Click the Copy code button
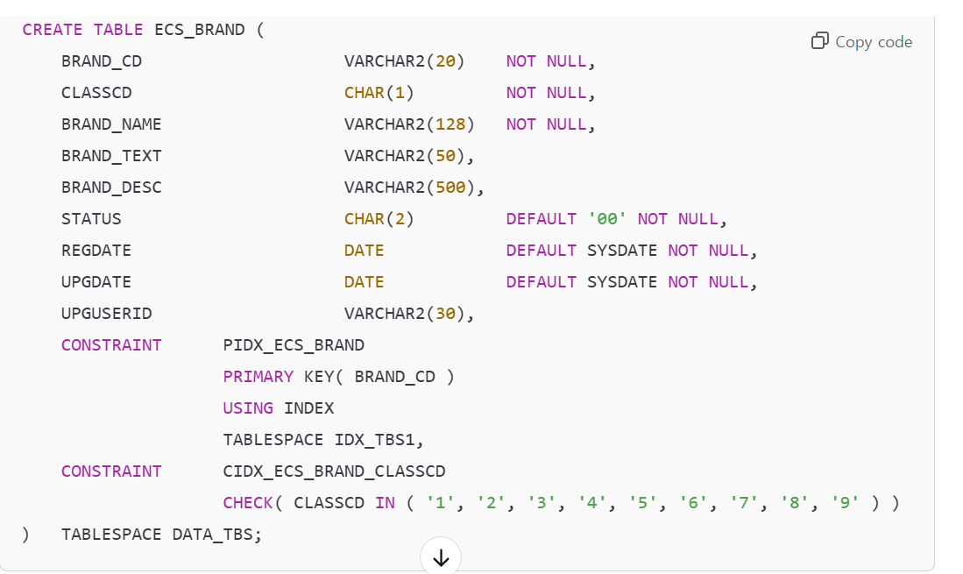pyautogui.click(x=862, y=42)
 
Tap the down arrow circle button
pyautogui.click(x=441, y=557)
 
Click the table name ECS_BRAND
pyautogui.click(x=200, y=30)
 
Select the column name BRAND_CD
pyautogui.click(x=102, y=61)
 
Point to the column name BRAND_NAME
pyautogui.click(x=111, y=124)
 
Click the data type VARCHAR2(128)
pyautogui.click(x=409, y=124)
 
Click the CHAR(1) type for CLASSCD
pyautogui.click(x=379, y=93)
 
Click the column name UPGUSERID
pyautogui.click(x=107, y=314)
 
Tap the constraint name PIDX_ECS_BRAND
pyautogui.click(x=294, y=345)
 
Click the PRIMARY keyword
pyautogui.click(x=258, y=377)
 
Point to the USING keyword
pyautogui.click(x=248, y=408)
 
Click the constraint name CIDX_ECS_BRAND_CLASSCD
pyautogui.click(x=334, y=471)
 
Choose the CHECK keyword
pyautogui.click(x=248, y=503)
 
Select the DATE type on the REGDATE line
pyautogui.click(x=364, y=251)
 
